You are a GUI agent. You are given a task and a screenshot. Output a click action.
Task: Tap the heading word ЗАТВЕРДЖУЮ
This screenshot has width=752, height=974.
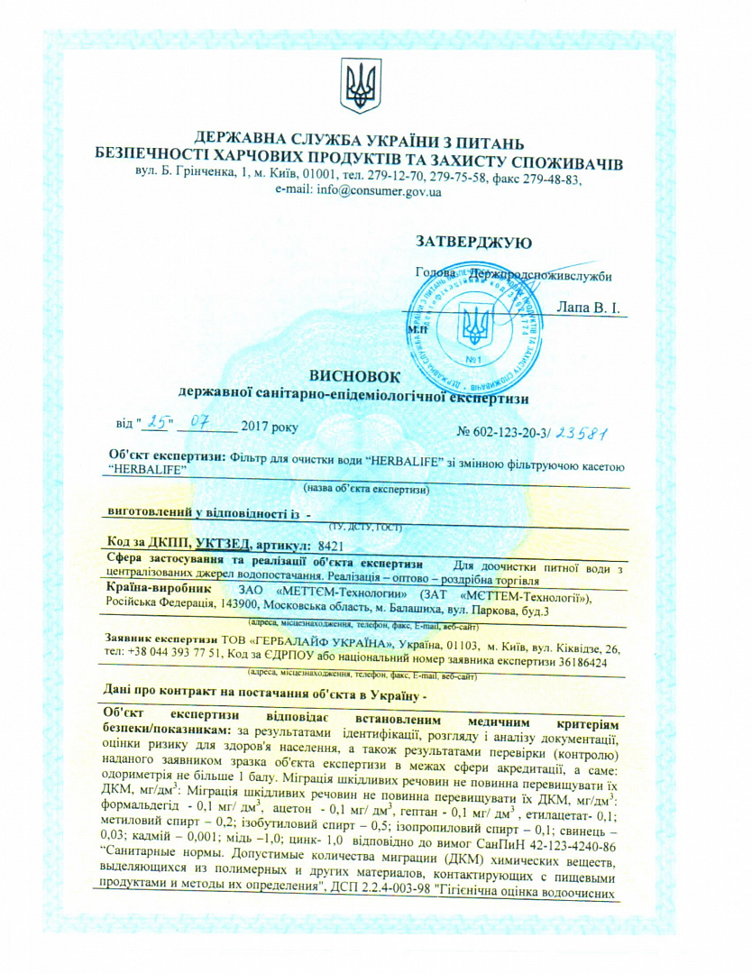tap(473, 242)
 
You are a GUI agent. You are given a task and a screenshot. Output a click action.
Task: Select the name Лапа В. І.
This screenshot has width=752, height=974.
tap(590, 308)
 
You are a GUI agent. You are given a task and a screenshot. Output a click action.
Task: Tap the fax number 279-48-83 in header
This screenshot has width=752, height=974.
tap(554, 179)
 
